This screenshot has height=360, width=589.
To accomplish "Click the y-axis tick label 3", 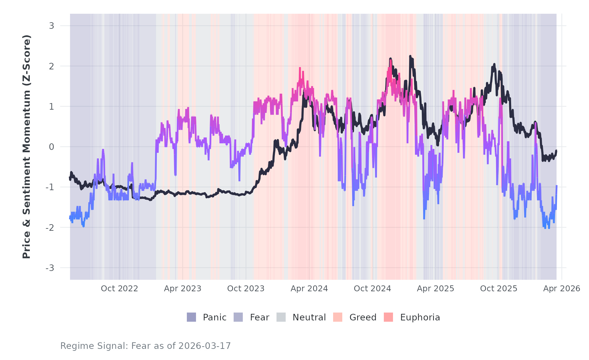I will [51, 26].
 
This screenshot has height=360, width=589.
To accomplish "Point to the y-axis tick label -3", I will [50, 268].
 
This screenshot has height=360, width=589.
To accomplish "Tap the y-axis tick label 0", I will [51, 147].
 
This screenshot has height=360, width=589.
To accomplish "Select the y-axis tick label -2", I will [50, 228].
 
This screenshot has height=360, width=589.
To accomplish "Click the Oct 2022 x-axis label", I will [119, 289].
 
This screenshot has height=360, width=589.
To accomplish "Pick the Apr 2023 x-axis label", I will [183, 289].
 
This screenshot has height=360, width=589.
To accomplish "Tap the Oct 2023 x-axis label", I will [246, 289].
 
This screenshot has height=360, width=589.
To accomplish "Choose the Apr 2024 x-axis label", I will [309, 289].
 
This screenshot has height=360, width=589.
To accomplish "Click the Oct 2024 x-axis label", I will [372, 289].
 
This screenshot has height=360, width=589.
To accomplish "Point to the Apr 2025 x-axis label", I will [436, 289].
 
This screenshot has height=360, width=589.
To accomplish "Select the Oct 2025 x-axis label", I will [499, 289].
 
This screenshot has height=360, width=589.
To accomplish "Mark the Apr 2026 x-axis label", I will [562, 289].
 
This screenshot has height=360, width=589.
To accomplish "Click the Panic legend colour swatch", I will [191, 317].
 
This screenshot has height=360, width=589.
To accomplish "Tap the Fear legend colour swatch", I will [238, 317].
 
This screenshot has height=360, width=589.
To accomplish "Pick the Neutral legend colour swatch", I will [281, 317].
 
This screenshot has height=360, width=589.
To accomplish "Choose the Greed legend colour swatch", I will [338, 317].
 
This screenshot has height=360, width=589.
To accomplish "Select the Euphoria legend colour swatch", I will [388, 317].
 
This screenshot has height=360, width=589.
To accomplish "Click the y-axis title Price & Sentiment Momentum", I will [27, 147].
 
